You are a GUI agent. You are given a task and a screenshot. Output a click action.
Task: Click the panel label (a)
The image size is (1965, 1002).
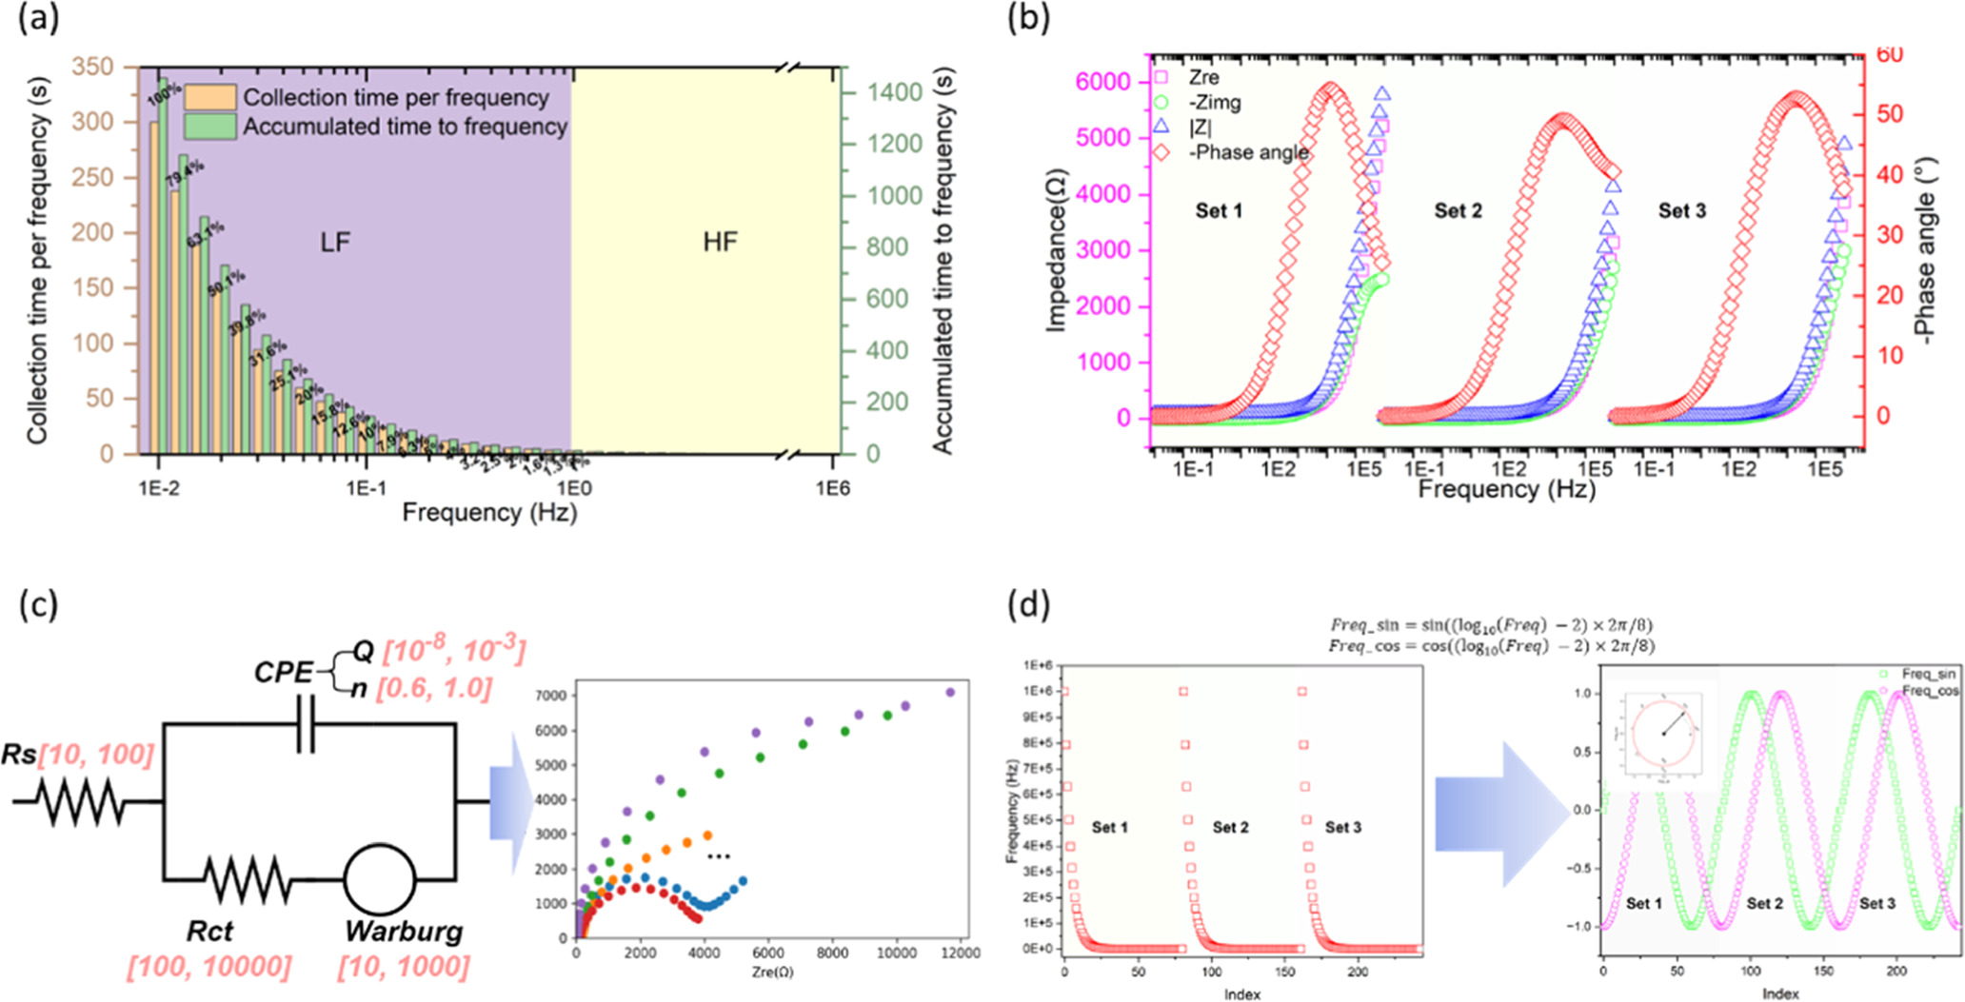click(x=39, y=18)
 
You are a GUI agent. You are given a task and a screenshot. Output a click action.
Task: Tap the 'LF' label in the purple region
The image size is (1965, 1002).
click(x=334, y=243)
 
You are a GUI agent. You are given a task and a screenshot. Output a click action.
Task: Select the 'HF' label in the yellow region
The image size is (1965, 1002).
click(x=720, y=242)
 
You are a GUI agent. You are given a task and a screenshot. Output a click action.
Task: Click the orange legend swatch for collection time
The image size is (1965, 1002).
click(x=210, y=97)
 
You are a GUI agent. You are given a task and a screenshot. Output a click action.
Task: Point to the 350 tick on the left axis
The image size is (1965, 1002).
click(x=92, y=67)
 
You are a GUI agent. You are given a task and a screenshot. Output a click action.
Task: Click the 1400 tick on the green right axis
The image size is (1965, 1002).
click(x=894, y=92)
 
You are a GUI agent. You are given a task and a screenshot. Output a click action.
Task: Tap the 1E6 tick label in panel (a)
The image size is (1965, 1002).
click(x=831, y=489)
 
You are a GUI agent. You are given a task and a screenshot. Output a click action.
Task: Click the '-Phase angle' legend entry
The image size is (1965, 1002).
click(x=1248, y=152)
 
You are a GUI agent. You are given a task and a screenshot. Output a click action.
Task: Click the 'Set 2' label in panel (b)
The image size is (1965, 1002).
click(x=1458, y=211)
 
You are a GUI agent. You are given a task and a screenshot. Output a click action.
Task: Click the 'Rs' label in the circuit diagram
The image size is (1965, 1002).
click(x=19, y=755)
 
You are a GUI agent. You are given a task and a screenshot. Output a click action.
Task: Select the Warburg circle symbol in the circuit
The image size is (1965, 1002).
click(x=379, y=879)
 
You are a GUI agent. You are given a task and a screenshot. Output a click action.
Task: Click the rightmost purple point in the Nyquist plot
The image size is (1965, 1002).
click(x=949, y=693)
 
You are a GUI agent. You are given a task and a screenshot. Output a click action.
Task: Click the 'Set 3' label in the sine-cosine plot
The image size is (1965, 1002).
click(x=1876, y=904)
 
